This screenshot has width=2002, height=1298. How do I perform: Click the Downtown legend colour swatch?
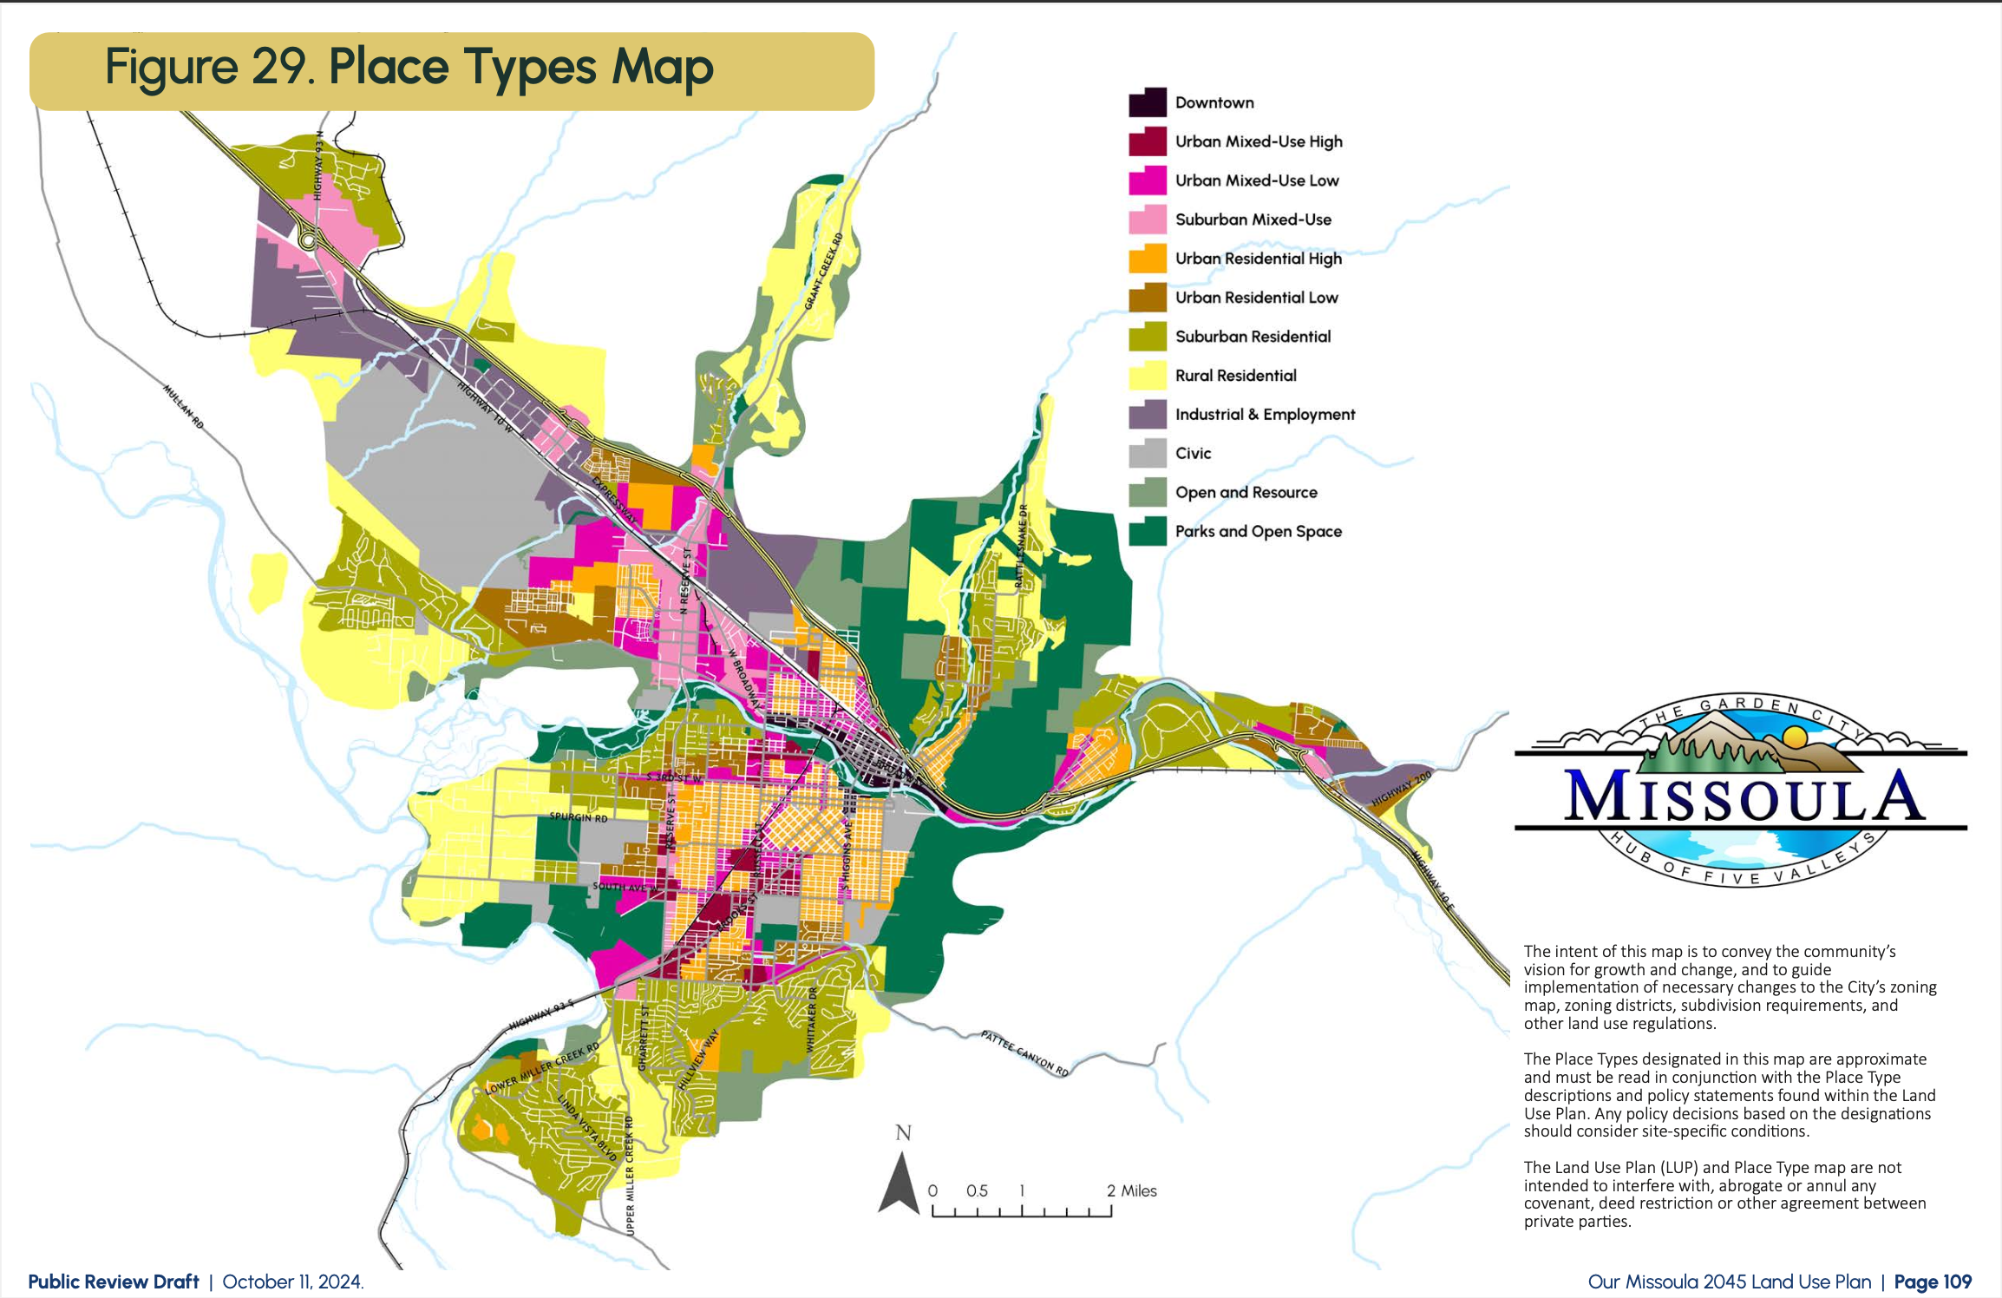[1148, 102]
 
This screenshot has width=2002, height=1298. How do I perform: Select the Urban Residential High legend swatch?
[1148, 259]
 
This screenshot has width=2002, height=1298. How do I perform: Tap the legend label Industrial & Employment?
[1265, 415]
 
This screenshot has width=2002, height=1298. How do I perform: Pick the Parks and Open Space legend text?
[1258, 531]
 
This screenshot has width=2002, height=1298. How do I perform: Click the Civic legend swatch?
[1148, 453]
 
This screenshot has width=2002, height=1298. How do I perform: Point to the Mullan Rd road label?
[184, 407]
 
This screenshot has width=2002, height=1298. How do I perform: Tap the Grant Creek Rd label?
[823, 271]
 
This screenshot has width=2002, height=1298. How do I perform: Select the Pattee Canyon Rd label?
[1024, 1053]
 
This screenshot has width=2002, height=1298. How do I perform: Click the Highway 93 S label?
[541, 1014]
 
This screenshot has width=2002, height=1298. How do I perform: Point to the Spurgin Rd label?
[579, 817]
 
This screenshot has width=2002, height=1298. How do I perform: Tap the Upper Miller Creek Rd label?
[630, 1176]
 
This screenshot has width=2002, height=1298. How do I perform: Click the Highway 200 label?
[1401, 790]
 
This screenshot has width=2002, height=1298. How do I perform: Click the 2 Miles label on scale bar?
[1131, 1191]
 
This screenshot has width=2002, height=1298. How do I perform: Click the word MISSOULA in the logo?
[1744, 797]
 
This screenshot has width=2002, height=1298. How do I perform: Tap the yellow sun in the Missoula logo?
[1794, 737]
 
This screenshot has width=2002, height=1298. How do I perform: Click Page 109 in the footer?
[1933, 1282]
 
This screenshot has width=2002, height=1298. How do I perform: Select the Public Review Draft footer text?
[114, 1282]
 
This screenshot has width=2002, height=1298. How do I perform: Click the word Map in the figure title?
[663, 68]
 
